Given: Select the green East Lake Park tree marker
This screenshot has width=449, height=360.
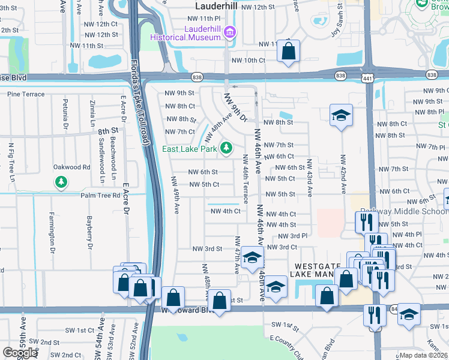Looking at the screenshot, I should coord(226,147).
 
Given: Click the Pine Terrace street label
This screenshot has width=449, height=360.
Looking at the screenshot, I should coord(26,94).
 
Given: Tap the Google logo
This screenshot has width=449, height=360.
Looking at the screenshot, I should coord(20,353).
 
